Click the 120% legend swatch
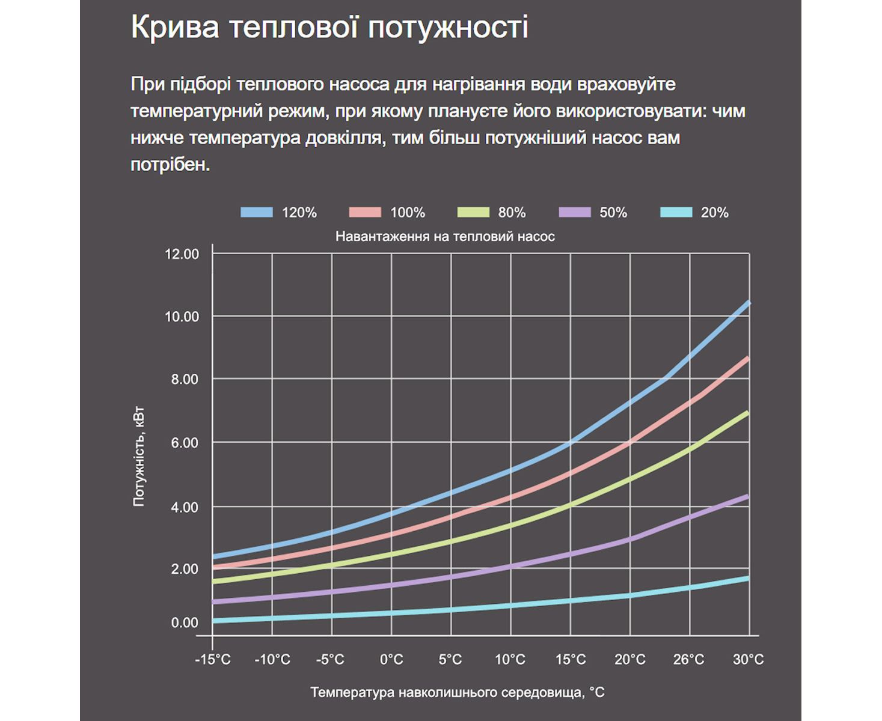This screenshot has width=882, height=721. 257,212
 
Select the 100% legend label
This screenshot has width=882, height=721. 408,212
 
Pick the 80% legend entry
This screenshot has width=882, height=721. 512,212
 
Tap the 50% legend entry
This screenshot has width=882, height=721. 613,212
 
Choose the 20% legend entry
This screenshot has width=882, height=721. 714,212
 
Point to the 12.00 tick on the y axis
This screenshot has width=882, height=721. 182,254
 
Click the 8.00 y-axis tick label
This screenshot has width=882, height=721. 182,379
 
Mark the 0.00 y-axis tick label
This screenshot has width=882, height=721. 185,623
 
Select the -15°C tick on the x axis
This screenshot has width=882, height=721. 212,660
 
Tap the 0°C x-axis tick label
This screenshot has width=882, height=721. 391,660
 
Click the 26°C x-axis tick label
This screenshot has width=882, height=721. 689,660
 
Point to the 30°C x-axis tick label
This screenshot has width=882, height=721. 749,660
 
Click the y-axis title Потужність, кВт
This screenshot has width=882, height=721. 139,458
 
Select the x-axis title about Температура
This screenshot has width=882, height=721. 457,693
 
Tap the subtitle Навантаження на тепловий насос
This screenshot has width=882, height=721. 445,237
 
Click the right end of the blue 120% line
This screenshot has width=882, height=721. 749,303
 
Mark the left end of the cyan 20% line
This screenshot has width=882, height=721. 215,621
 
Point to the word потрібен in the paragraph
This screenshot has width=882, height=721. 170,164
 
